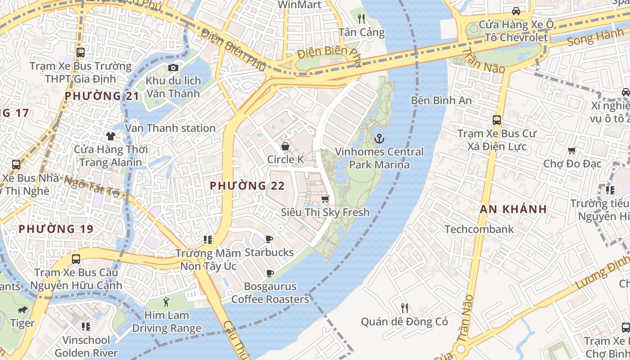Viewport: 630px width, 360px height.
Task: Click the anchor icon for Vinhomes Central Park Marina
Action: (379, 138)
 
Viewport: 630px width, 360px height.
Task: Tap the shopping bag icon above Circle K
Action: (285, 146)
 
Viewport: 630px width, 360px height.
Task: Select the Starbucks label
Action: (269, 252)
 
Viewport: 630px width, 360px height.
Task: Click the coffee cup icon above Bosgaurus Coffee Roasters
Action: (270, 273)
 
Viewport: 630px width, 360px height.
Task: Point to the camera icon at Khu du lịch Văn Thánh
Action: (173, 68)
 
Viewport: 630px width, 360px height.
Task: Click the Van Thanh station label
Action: (170, 128)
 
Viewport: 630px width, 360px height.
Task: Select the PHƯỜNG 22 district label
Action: (247, 186)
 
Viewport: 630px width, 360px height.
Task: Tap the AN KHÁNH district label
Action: (513, 209)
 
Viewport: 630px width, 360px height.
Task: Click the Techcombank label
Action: (479, 229)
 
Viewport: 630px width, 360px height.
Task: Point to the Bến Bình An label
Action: (441, 100)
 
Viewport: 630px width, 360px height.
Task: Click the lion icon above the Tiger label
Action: (22, 310)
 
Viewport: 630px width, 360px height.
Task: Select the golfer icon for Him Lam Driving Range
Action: (166, 301)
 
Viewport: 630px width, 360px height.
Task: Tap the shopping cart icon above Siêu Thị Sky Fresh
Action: (325, 198)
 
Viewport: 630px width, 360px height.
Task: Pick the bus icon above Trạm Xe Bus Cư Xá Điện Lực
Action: (497, 120)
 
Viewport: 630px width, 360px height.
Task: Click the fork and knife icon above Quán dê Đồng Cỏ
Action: (405, 308)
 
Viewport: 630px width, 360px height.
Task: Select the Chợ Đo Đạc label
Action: (572, 163)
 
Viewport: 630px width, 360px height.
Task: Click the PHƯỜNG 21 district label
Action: (102, 96)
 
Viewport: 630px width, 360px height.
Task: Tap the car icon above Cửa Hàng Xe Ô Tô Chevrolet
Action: (516, 11)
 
